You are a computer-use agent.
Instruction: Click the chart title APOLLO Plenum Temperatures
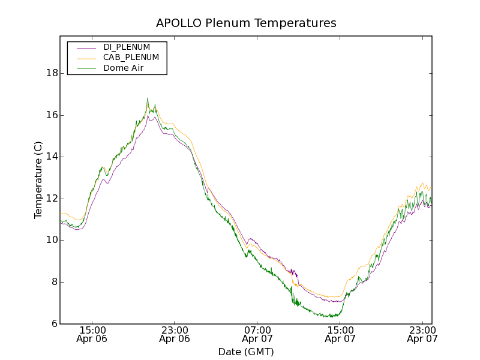point(246,23)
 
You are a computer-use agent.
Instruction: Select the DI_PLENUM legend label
point(127,47)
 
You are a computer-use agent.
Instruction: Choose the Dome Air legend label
point(123,68)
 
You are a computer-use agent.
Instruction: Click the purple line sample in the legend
point(86,47)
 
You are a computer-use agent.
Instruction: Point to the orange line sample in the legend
point(86,58)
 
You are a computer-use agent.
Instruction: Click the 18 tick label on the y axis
point(52,73)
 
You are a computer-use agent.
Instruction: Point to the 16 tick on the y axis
point(52,115)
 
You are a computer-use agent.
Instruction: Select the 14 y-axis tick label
point(52,157)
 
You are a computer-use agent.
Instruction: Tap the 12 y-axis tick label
point(52,199)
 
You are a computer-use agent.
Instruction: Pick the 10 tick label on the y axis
point(52,240)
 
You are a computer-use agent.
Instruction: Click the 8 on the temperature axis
point(55,282)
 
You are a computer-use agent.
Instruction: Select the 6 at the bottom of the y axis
point(55,323)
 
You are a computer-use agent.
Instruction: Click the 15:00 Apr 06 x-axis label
point(92,334)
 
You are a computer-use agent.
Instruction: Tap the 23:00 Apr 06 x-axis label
point(175,334)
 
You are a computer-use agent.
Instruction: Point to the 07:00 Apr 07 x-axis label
point(257,334)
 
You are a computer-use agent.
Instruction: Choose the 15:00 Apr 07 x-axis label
point(340,334)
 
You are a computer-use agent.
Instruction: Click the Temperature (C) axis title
point(38,180)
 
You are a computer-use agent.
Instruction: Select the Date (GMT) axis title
point(246,352)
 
